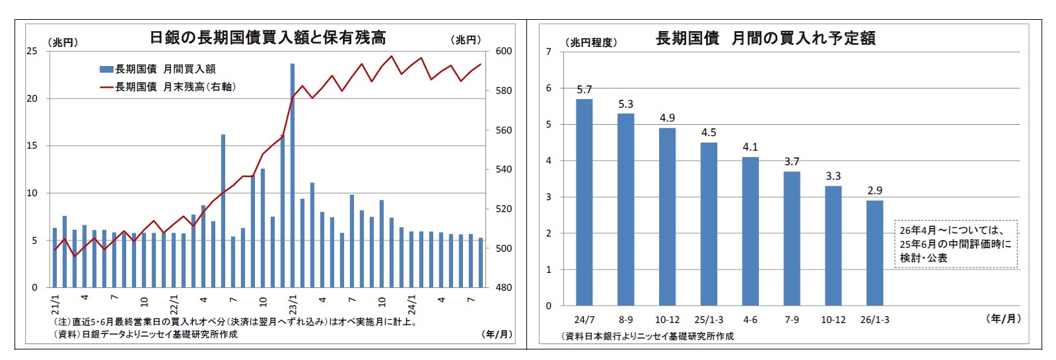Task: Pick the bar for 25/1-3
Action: point(709,224)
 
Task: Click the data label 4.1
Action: point(750,147)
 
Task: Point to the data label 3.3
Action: point(833,176)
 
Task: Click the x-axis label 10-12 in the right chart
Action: point(667,320)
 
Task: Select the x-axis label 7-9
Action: point(791,320)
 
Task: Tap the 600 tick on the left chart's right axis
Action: point(503,52)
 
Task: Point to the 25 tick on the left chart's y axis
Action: point(32,52)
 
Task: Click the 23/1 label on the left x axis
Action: point(293,305)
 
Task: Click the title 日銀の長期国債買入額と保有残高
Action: point(267,38)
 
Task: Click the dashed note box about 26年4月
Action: point(956,244)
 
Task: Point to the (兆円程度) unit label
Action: point(591,42)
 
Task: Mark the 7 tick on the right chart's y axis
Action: point(548,52)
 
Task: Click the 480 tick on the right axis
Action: point(503,288)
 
